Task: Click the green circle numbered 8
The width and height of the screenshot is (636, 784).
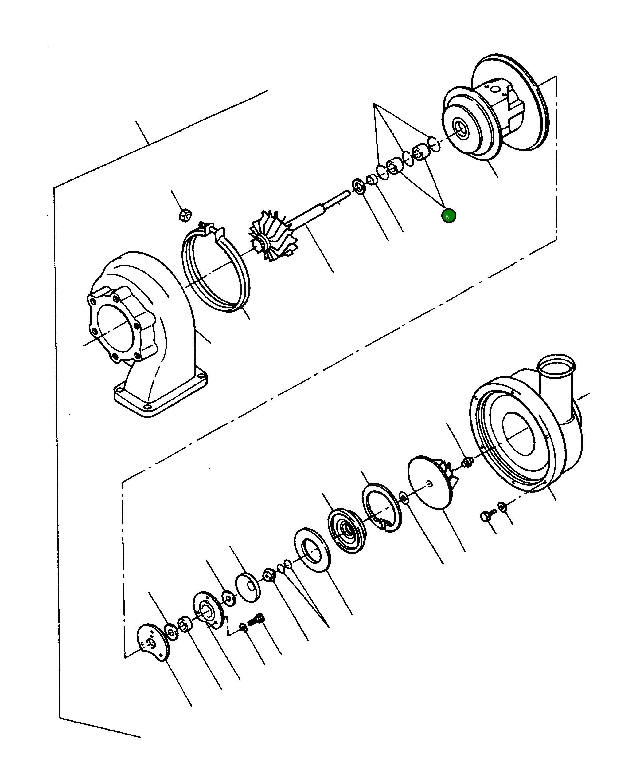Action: pyautogui.click(x=448, y=216)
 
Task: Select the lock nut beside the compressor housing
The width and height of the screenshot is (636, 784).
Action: pyautogui.click(x=467, y=463)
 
